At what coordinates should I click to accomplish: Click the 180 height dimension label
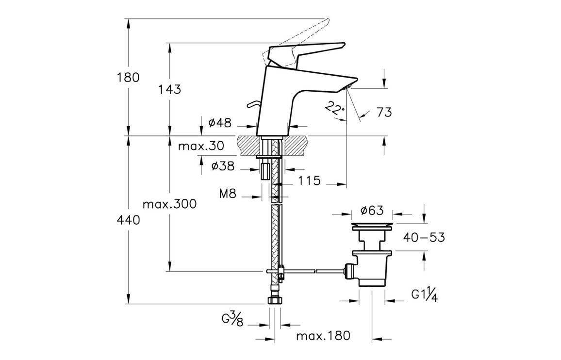128,77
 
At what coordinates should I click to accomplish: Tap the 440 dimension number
128,220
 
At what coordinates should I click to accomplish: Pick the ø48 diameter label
219,123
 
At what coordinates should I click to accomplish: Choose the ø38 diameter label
223,167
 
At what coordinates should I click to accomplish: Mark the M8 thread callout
228,194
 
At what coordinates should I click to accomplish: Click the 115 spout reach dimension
310,181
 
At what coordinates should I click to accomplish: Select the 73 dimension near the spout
384,113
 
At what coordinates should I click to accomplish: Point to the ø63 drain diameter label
372,211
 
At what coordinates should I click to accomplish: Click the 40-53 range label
424,237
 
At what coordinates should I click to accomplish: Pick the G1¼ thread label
425,295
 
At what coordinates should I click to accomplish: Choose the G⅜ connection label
232,320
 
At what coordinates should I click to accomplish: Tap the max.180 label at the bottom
323,336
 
